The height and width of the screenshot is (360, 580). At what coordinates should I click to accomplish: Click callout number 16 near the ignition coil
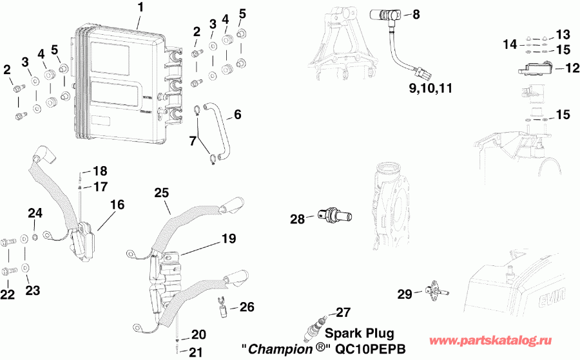click(117, 204)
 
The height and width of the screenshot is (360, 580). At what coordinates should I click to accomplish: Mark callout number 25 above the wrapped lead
click(161, 192)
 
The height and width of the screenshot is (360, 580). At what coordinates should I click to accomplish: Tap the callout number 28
click(297, 219)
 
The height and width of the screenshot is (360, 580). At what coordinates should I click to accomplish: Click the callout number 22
click(8, 294)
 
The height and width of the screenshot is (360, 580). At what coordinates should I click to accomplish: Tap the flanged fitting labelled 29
click(438, 291)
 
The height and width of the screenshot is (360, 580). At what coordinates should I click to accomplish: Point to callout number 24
click(34, 213)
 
